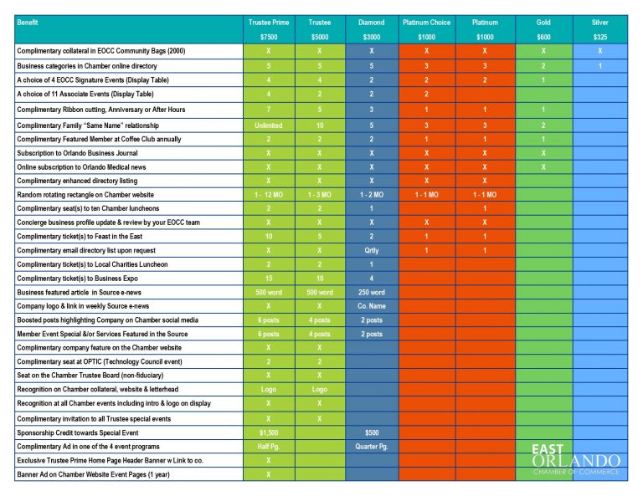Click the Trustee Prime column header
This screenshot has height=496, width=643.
point(269,23)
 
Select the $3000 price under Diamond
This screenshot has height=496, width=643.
point(372,38)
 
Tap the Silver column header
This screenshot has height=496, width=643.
point(599,23)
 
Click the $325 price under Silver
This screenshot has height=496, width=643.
point(599,38)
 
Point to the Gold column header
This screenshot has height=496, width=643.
point(543,23)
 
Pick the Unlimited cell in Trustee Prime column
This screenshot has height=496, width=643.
point(269,125)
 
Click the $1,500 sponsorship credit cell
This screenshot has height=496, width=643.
point(269,432)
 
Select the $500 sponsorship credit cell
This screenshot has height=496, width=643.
point(372,432)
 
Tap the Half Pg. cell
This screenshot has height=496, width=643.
point(269,447)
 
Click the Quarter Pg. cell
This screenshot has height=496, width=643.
point(372,447)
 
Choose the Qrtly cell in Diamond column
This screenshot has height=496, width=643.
point(372,250)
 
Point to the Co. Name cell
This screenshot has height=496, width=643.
point(372,306)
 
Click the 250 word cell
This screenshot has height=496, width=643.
point(372,292)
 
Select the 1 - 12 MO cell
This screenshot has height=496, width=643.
point(269,194)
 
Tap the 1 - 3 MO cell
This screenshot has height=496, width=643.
point(320,194)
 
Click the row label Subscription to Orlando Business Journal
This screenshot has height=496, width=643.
point(78,153)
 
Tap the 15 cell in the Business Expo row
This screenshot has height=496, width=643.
point(269,278)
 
